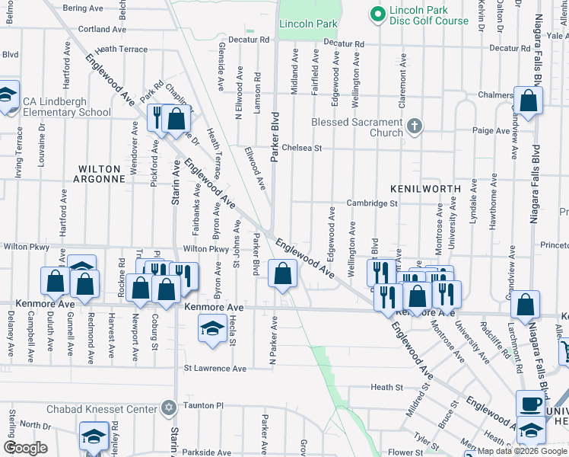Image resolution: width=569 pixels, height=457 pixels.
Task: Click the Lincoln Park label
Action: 308,24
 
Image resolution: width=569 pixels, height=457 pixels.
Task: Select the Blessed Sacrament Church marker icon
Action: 414,126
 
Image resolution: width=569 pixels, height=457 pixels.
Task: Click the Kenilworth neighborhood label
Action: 426,188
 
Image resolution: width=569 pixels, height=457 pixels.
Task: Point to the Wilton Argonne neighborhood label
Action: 99,174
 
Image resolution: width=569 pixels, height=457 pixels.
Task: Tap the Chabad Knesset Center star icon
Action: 169,409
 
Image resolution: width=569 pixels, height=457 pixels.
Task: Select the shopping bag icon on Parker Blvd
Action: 282,275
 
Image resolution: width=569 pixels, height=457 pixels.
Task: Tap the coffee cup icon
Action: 530,403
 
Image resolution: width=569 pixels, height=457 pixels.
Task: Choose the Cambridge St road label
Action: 373,203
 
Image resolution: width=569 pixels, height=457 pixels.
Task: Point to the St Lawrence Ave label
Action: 215,369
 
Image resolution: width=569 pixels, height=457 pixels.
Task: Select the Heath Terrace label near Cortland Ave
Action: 122,49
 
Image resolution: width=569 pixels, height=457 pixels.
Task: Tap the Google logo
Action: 25,448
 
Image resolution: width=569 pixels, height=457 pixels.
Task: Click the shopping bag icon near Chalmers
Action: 528,100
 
